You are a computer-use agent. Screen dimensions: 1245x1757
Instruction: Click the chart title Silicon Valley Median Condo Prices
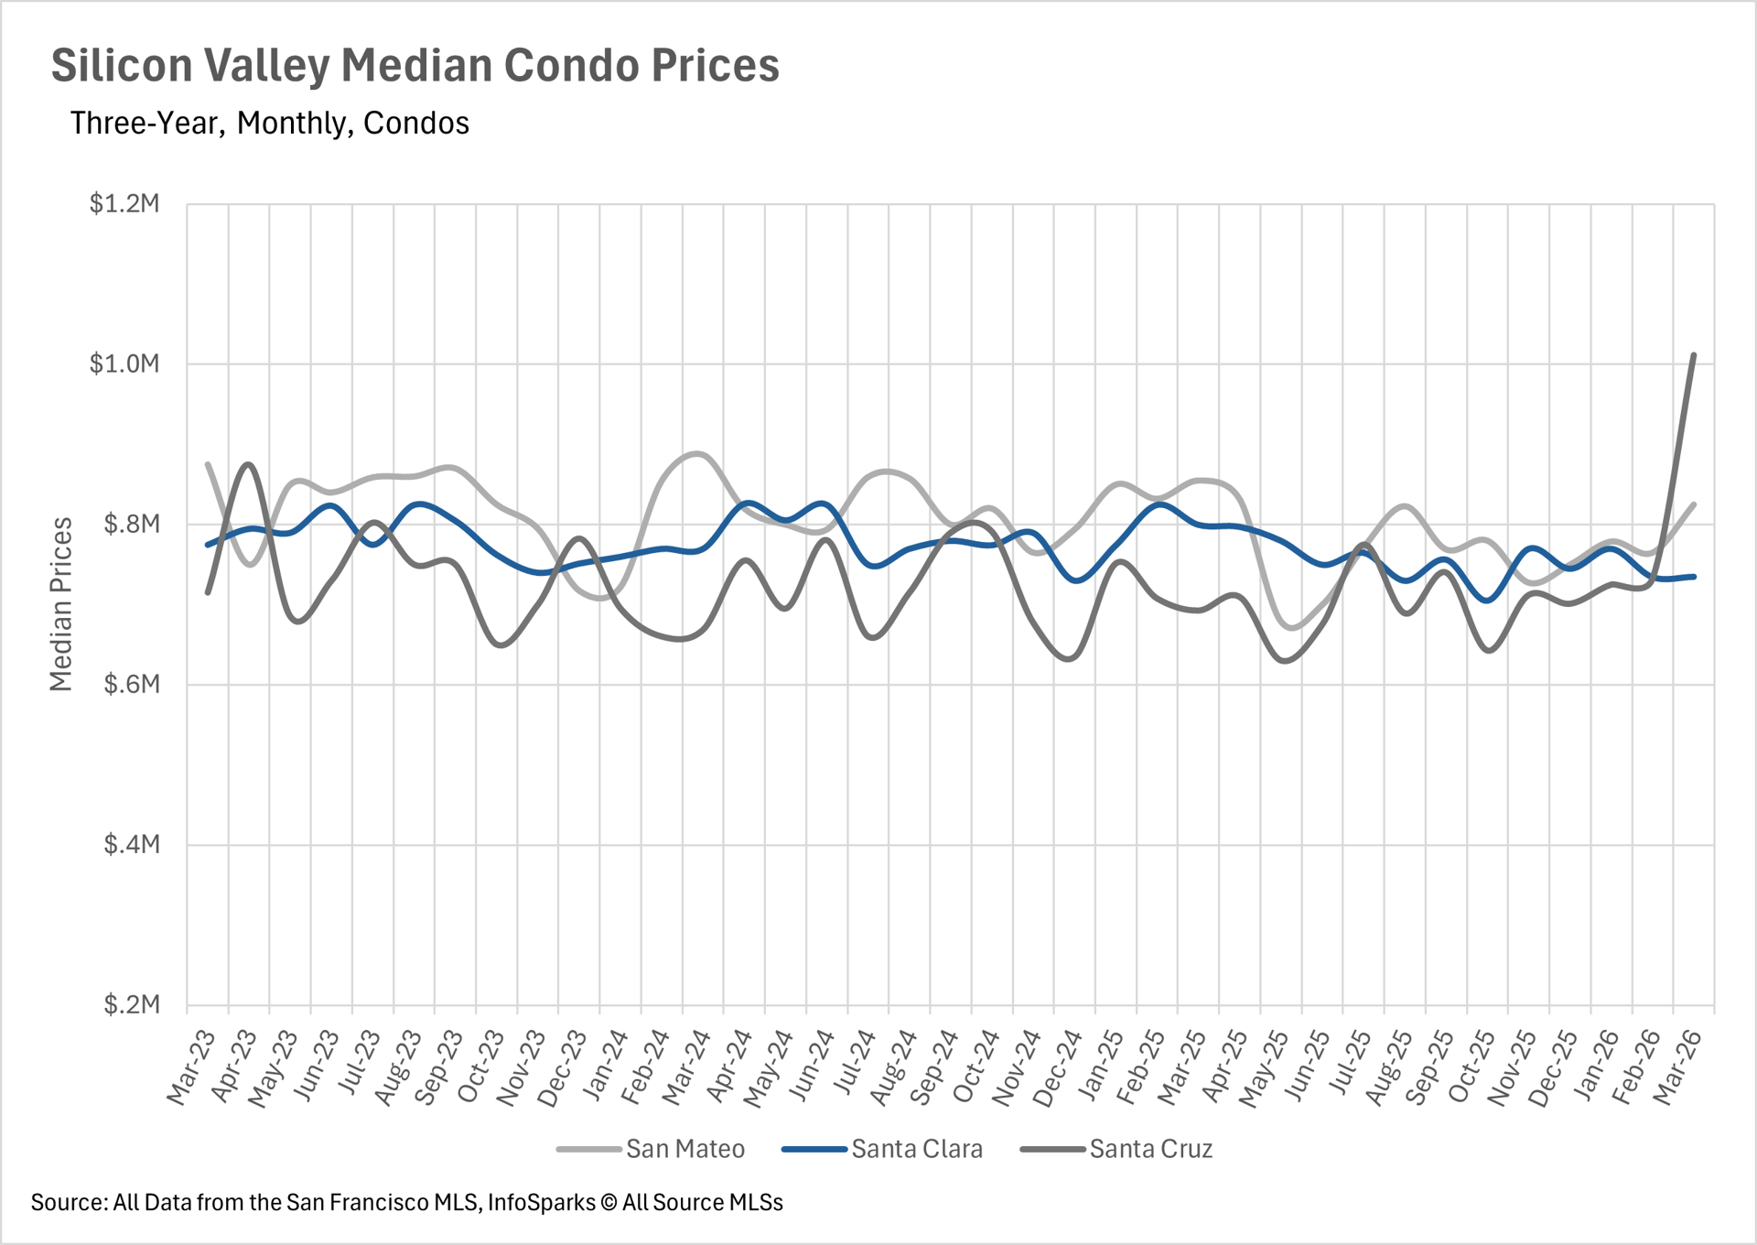pyautogui.click(x=415, y=66)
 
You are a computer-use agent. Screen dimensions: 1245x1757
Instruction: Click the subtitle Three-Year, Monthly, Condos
pyautogui.click(x=269, y=124)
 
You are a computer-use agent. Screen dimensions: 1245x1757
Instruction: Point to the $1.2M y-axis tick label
pyautogui.click(x=124, y=203)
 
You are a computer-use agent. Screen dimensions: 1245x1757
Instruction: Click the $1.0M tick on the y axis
pyautogui.click(x=124, y=364)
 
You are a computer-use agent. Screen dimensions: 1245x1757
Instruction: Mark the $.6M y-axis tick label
pyautogui.click(x=132, y=685)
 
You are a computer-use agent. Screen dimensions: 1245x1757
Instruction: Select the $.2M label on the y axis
pyautogui.click(x=132, y=1005)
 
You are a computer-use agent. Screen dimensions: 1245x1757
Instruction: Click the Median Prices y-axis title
pyautogui.click(x=60, y=604)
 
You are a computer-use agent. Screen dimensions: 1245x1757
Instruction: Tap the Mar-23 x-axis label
pyautogui.click(x=191, y=1067)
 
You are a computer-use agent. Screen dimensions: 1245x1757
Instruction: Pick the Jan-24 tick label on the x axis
pyautogui.click(x=605, y=1066)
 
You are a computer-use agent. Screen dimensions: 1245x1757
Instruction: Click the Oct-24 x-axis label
pyautogui.click(x=976, y=1067)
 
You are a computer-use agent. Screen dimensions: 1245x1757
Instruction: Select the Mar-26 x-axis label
pyautogui.click(x=1679, y=1067)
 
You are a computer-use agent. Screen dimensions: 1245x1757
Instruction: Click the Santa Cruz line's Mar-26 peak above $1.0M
pyautogui.click(x=1694, y=355)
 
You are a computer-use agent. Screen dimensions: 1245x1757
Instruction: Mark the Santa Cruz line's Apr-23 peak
pyautogui.click(x=249, y=465)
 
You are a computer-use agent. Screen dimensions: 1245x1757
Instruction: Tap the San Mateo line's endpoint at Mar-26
pyautogui.click(x=1694, y=504)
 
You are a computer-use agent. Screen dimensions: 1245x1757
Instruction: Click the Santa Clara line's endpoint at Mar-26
pyautogui.click(x=1694, y=577)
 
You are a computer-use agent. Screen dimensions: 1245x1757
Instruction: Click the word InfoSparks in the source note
pyautogui.click(x=541, y=1203)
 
